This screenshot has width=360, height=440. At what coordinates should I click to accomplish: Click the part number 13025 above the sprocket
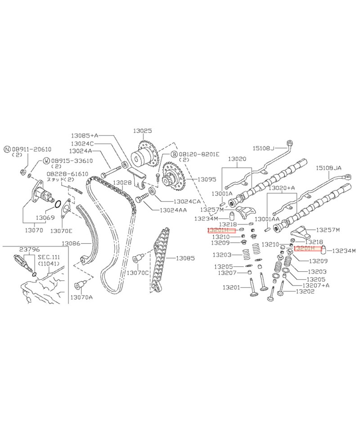pos(142,131)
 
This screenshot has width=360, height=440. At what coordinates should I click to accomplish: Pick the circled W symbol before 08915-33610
pos(46,161)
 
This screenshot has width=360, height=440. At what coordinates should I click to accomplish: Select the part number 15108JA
pos(330,167)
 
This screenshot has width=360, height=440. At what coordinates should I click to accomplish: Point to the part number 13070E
pos(61,231)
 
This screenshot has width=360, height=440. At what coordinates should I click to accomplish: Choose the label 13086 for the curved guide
pos(71,243)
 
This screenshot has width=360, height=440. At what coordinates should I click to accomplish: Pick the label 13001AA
pos(267,219)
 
